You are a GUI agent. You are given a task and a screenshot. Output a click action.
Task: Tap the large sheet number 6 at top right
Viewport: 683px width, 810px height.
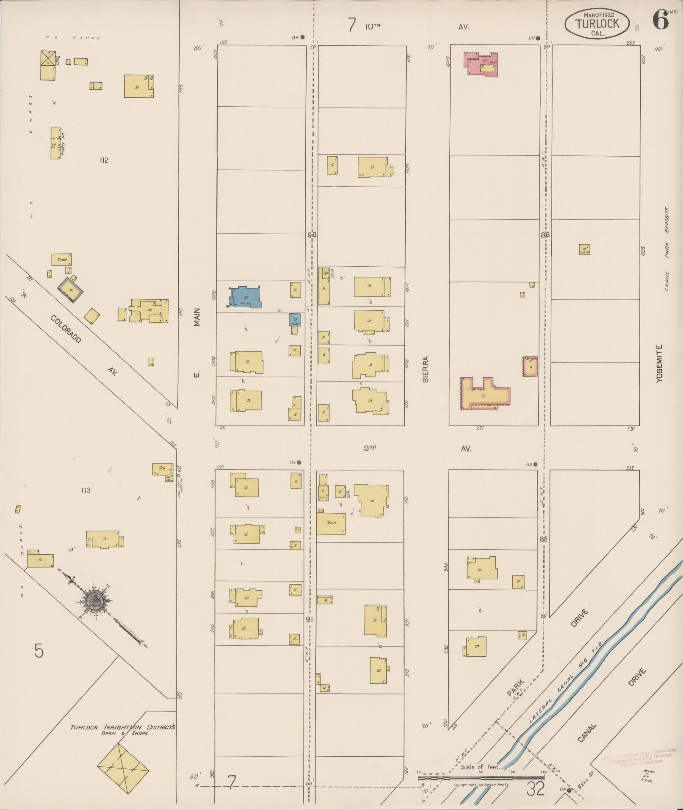click(660, 20)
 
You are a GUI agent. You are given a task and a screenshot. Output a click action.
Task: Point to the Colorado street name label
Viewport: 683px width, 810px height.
click(66, 329)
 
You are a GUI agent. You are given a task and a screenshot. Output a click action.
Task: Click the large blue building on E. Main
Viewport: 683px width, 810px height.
click(247, 296)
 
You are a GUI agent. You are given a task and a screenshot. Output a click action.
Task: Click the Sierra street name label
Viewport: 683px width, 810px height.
click(426, 369)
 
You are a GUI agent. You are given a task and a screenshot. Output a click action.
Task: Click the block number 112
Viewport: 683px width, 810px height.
click(104, 160)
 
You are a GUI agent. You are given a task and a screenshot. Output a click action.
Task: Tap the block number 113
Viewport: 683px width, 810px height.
click(86, 490)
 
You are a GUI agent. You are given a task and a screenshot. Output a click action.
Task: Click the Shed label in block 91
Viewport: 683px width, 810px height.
click(331, 522)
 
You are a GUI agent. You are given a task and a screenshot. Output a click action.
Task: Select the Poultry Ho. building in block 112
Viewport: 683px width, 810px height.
click(56, 143)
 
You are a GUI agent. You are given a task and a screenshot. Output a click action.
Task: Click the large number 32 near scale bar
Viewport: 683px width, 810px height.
click(535, 789)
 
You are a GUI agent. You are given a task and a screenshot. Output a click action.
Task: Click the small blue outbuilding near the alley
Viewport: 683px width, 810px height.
click(295, 319)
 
